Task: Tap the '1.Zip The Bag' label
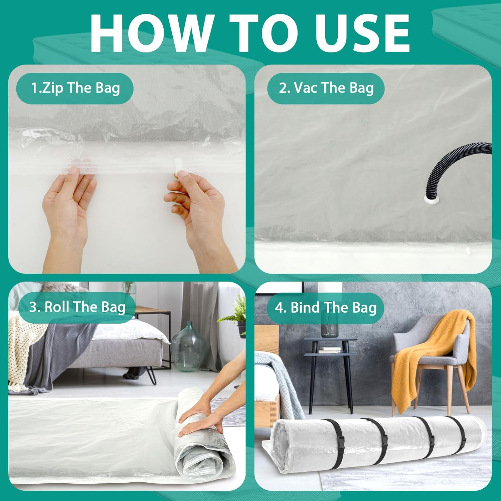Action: [75, 88]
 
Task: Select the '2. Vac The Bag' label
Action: [326, 88]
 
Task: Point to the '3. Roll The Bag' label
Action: [77, 307]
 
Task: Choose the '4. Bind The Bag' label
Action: [326, 308]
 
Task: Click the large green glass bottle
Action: [188, 347]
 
